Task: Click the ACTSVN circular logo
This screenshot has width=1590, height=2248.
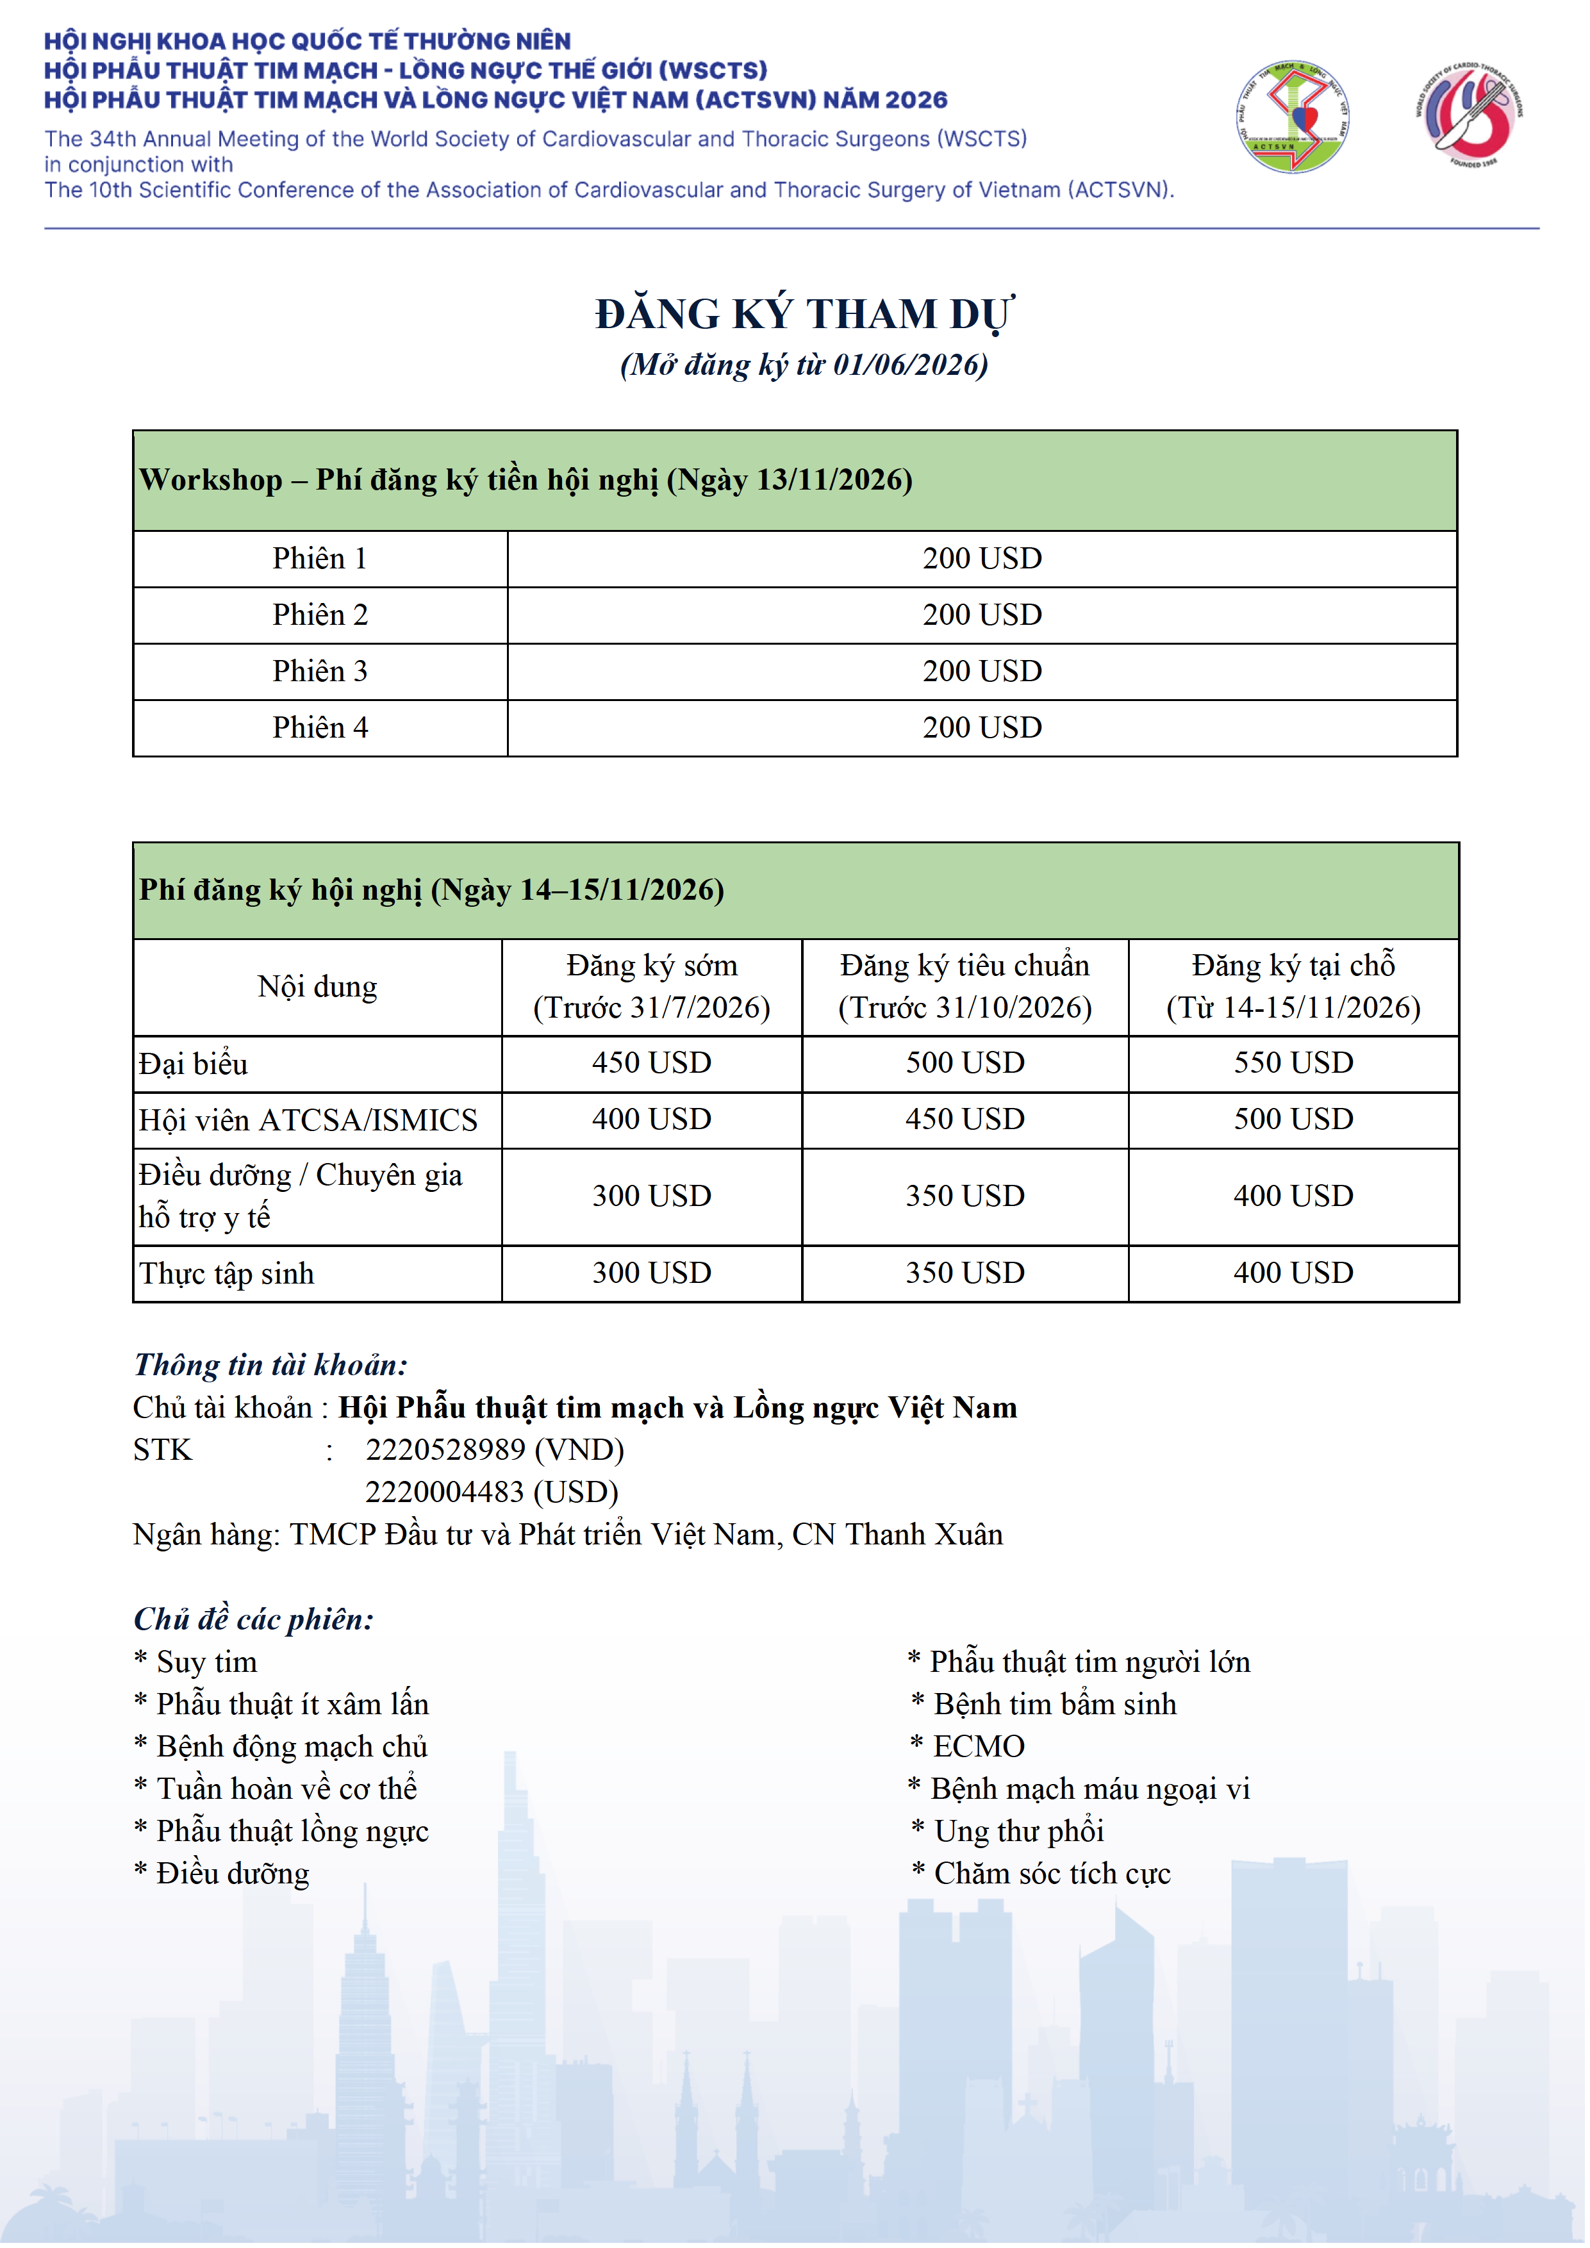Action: [x=1293, y=117]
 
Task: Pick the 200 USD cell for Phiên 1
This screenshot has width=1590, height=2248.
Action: [x=981, y=559]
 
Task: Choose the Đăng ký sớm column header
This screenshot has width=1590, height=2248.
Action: [x=651, y=987]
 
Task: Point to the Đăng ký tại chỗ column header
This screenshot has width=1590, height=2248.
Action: [x=1293, y=987]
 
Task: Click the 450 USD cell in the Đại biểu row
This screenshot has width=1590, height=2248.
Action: [x=651, y=1063]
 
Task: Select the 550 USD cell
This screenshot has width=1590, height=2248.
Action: [x=1293, y=1063]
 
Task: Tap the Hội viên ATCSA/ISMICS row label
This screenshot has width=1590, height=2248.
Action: [x=308, y=1120]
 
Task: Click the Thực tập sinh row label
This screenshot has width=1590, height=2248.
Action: [x=226, y=1274]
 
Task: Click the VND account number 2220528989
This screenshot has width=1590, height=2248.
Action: [x=445, y=1450]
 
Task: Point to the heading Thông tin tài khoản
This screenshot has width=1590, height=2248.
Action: [x=270, y=1365]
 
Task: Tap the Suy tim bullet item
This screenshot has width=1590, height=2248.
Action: [x=206, y=1662]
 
